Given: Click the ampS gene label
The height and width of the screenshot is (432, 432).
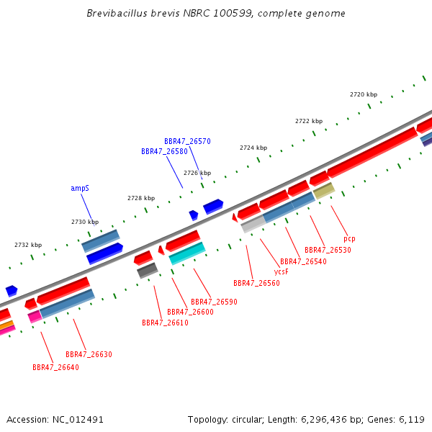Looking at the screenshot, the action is pos(80,188).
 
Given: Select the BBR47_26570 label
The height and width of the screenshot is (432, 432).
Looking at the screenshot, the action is pos(187,141).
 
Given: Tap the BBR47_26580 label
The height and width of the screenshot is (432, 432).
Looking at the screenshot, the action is pos(164,151).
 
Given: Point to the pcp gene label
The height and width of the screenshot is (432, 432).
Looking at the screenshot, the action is pos(349,239).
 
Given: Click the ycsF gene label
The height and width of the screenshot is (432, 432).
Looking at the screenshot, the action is pos(282,272).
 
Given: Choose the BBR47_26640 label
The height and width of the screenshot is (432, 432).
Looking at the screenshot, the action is pos(55,367).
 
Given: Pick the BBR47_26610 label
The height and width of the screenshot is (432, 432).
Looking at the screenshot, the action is pos(165,323).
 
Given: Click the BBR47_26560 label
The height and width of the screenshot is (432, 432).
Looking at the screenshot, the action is pos(256,283).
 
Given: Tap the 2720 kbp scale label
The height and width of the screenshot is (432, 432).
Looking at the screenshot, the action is pos(364,94).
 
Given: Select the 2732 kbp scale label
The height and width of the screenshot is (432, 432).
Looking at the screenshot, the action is pos(28,245).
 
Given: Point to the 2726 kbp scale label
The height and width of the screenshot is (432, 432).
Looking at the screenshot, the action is pos(197,173).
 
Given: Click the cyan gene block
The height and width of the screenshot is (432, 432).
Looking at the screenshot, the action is pos(187,253).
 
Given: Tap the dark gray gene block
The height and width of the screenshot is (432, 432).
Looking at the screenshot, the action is pos(148,271).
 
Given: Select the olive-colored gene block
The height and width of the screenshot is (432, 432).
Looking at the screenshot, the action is pos(324,191).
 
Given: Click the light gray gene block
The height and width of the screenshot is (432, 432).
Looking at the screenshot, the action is pos(253,224).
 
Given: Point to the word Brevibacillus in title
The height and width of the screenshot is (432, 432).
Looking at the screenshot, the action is pos(117,13).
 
